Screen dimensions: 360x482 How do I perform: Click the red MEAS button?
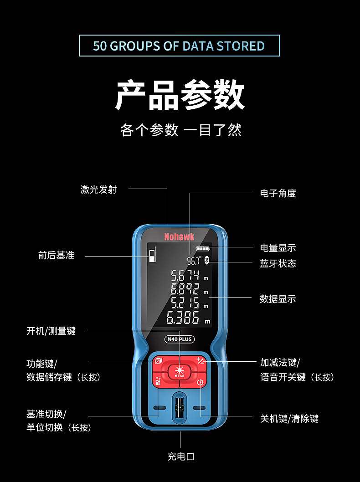coord(180,371)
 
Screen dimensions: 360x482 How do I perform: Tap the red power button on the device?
coord(200,382)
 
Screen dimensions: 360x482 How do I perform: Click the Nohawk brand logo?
coord(179,236)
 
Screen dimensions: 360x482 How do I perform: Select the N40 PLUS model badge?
coord(180,339)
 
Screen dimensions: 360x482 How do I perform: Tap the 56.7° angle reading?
coord(194,261)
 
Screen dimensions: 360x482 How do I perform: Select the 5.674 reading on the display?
coord(185,276)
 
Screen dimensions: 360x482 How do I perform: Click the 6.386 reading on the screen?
coord(183,318)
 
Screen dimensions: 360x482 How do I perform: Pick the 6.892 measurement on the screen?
coord(185,289)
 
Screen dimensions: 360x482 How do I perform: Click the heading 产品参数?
coord(180,95)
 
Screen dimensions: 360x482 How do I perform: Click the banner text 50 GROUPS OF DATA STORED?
coord(179,46)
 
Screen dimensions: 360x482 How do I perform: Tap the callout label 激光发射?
coord(98,190)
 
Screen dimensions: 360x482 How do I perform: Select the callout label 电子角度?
coord(278,193)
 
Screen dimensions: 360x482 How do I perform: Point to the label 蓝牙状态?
coord(278,264)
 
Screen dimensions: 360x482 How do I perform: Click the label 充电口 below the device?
coord(180,456)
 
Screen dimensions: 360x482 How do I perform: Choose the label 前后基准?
coord(56,256)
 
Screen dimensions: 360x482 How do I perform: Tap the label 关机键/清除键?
coord(289,418)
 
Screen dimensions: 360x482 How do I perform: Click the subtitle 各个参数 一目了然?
coord(180,130)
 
